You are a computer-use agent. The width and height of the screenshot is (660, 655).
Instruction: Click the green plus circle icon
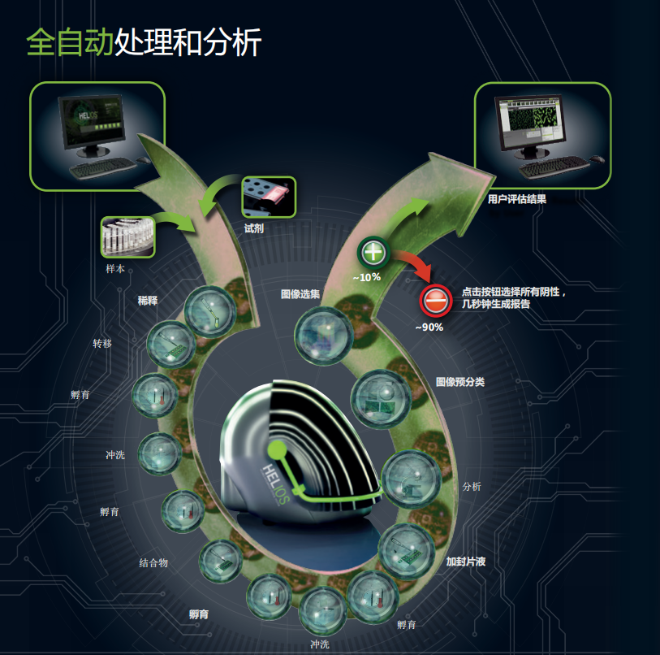(373, 253)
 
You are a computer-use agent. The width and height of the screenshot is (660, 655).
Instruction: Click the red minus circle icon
(434, 301)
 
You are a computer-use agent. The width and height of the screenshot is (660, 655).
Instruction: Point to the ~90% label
(429, 327)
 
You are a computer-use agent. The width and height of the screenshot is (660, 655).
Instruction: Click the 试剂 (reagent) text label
(254, 228)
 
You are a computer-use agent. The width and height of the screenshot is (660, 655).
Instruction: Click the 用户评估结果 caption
(517, 197)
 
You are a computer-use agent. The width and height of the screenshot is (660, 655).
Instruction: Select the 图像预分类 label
(459, 381)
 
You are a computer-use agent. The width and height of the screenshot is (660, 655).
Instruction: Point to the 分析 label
(472, 486)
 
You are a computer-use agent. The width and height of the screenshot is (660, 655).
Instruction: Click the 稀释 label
(148, 300)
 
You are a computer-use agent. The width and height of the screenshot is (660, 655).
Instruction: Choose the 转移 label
(102, 344)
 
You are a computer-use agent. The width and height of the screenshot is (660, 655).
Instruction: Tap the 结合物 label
(153, 562)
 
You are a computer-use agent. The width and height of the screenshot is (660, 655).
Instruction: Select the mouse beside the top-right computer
(597, 158)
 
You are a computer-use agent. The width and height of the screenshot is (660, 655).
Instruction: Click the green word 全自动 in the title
(70, 42)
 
